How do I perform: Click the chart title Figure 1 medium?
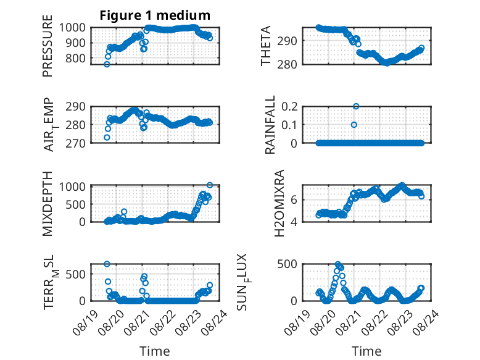point(155,15)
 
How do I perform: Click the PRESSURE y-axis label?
point(48,46)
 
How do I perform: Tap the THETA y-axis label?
point(266,46)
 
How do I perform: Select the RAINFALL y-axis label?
point(270,125)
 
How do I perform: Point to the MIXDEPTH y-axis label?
point(48,204)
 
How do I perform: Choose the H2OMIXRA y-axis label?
point(279,203)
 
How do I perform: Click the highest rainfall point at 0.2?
point(356,106)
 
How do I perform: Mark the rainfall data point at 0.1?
point(354,125)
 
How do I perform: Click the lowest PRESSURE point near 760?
point(107,64)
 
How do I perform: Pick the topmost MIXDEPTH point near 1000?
point(210,185)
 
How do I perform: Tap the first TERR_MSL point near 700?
point(107,264)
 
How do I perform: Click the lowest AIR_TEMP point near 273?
point(107,138)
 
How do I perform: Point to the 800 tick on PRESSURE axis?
point(75,58)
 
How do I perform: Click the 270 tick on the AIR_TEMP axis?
point(75,143)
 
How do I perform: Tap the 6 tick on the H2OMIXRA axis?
point(294,200)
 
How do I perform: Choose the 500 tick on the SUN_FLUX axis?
point(287,264)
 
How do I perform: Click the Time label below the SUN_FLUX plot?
point(366,351)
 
